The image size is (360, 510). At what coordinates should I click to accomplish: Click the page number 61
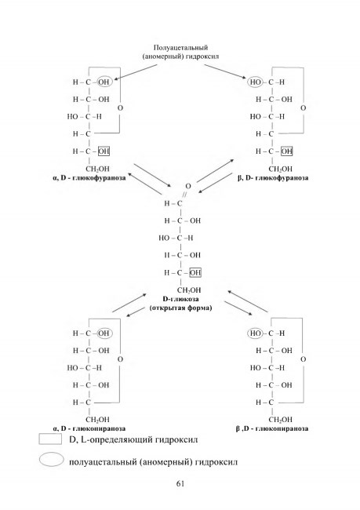180,483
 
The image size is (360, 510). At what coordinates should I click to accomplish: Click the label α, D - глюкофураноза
89,178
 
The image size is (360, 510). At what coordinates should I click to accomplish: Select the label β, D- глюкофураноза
273,178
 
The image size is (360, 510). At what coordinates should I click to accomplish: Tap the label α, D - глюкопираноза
89,428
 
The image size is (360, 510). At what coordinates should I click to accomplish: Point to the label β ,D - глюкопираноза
272,428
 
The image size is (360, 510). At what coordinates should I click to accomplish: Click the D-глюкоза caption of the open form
180,299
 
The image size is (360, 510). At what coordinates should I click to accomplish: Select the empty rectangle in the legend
50,439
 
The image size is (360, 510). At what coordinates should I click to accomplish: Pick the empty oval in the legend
52,460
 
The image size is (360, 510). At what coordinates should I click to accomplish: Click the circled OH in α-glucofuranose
104,82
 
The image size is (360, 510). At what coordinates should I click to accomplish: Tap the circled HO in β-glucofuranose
255,82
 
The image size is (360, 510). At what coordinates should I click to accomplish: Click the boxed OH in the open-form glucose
195,272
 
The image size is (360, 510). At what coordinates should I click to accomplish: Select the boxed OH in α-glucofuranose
104,151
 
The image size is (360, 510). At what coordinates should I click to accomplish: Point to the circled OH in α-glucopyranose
104,333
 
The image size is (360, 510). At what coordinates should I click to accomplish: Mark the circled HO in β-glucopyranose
255,333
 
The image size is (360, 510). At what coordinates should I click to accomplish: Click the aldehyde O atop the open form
188,187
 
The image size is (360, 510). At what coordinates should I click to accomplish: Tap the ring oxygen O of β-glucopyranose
303,359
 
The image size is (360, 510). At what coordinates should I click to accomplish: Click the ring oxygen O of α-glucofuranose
120,108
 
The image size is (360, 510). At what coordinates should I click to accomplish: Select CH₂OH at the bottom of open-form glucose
189,290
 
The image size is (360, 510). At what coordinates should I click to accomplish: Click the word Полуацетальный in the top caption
180,48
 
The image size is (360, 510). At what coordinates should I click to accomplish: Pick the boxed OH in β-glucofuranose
286,151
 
